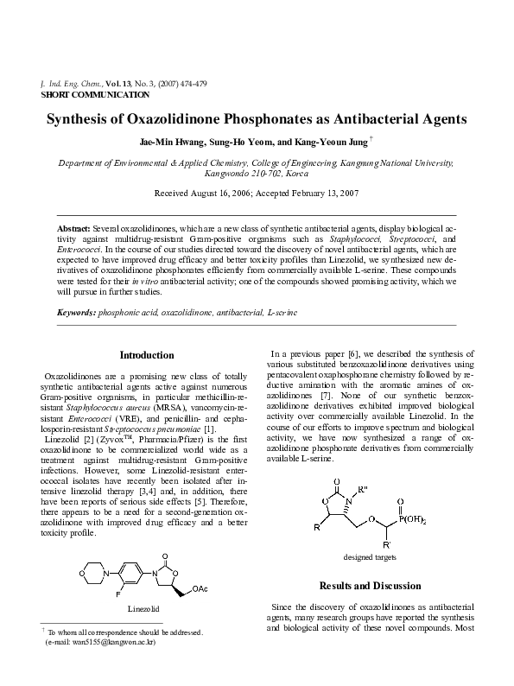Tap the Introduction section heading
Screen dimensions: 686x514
(147, 355)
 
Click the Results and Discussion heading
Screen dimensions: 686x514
(370, 585)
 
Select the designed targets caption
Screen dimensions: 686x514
(370, 556)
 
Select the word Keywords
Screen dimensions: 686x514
(76, 311)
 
